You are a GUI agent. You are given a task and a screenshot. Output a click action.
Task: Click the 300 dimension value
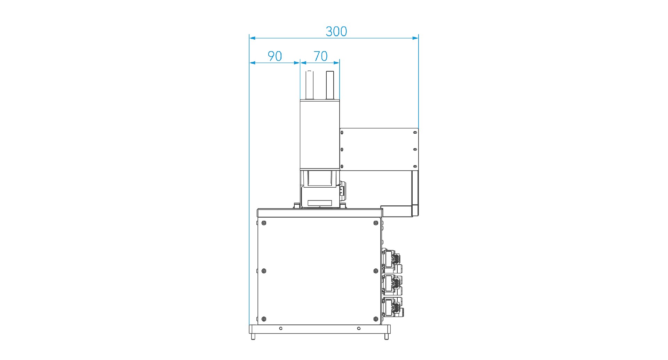tap(336, 32)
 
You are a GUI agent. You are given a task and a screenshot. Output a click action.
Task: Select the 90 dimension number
tap(275, 56)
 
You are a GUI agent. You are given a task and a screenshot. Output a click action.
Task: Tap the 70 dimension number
tap(320, 56)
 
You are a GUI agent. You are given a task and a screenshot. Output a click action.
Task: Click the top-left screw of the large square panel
tap(264, 223)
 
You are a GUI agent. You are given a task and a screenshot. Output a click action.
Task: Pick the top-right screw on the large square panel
tap(376, 223)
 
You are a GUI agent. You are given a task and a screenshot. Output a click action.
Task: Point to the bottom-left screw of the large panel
tap(264, 319)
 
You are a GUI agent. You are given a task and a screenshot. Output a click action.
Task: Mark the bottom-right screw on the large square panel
tap(376, 319)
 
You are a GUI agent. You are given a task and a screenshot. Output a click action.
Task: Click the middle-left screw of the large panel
tap(264, 271)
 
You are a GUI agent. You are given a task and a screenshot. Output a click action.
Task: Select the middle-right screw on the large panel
tap(376, 271)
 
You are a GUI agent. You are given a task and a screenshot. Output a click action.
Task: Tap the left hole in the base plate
tap(281, 328)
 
